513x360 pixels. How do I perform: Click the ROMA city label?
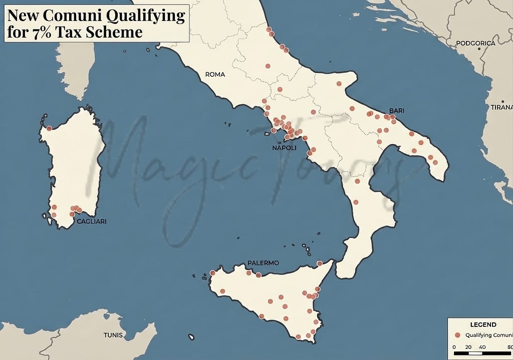click(215, 74)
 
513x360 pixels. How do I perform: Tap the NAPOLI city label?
click(284, 148)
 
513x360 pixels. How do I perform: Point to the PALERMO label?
click(263, 263)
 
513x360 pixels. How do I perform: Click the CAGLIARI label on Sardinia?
click(91, 221)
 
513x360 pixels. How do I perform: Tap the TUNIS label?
click(114, 334)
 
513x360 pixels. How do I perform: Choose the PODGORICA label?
click(475, 43)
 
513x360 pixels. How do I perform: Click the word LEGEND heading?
click(483, 324)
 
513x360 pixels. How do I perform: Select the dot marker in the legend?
click(457, 335)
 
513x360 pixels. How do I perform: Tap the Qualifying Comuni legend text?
click(488, 335)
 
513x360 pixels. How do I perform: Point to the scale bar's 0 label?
click(454, 347)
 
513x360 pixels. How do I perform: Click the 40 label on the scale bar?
click(482, 347)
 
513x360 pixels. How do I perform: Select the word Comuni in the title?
click(73, 16)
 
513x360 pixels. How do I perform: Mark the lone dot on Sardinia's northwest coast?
click(49, 128)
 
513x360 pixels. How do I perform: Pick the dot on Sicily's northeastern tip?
click(320, 263)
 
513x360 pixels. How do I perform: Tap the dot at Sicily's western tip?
click(212, 273)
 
